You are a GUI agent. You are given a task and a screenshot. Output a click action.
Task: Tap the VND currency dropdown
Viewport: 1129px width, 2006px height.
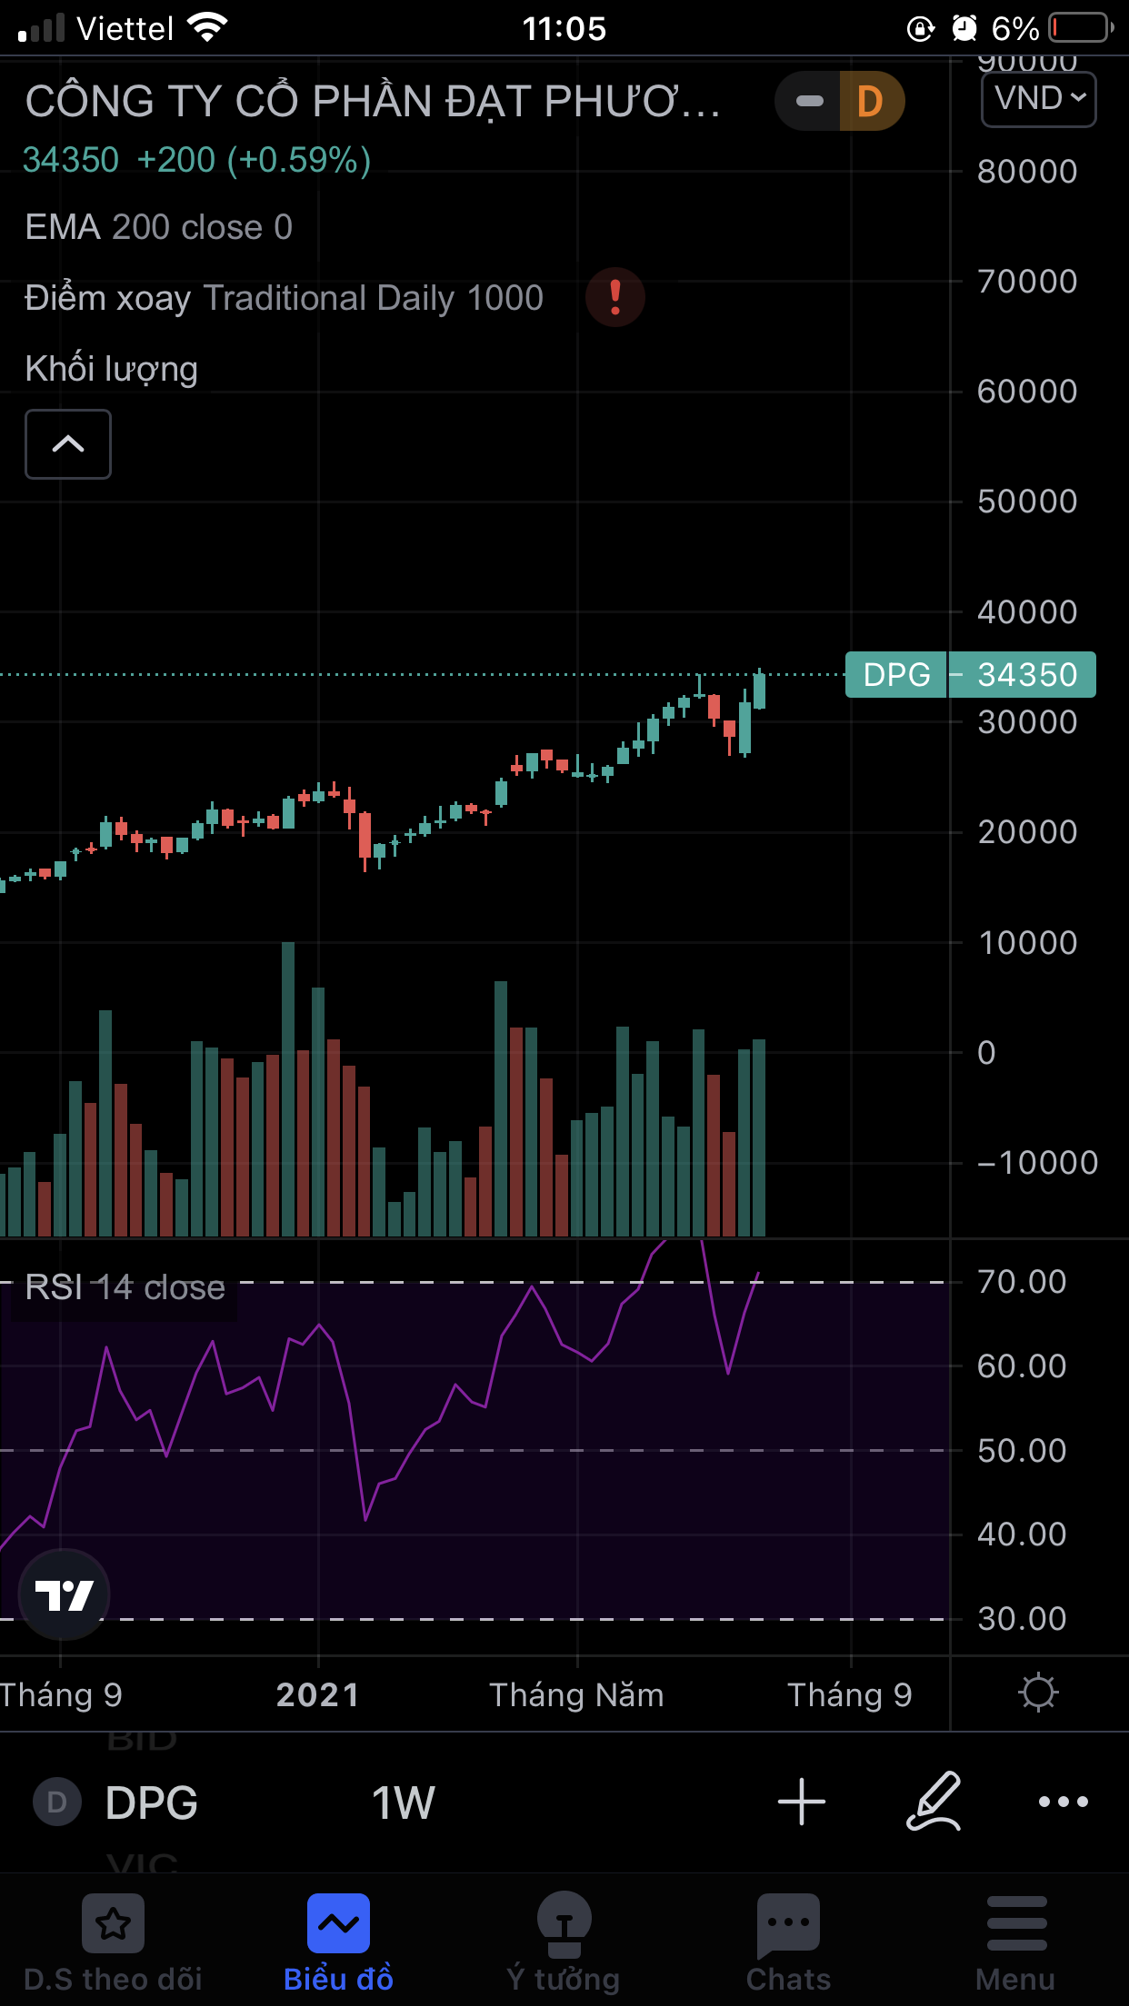[x=1038, y=99]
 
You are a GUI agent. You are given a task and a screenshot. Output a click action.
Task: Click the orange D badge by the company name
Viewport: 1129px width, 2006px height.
[x=870, y=102]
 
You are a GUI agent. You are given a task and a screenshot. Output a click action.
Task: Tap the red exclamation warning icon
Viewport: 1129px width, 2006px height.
[x=615, y=297]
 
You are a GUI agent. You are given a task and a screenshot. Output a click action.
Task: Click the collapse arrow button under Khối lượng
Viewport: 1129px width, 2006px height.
[x=68, y=444]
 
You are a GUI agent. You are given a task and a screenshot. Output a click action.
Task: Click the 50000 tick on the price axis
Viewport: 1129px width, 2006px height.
[x=1026, y=501]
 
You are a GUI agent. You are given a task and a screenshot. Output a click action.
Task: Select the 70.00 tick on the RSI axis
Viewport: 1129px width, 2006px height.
[x=1021, y=1282]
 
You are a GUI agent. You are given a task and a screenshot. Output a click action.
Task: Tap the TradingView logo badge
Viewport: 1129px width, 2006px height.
[x=64, y=1594]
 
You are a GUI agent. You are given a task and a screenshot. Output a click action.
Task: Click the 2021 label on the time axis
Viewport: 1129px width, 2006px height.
[x=318, y=1695]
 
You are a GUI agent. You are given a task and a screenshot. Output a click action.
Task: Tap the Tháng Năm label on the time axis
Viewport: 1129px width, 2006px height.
[x=576, y=1695]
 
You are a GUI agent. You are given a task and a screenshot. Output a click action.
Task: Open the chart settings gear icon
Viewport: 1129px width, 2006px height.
[x=1038, y=1693]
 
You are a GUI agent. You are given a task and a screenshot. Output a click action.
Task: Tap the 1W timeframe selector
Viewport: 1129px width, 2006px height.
[x=403, y=1802]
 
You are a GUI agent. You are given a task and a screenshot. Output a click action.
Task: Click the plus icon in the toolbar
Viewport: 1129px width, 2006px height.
[x=802, y=1802]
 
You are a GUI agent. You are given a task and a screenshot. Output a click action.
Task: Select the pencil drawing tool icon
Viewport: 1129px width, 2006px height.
[x=934, y=1802]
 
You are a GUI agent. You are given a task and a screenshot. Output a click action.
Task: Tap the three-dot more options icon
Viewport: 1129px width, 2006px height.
[x=1063, y=1802]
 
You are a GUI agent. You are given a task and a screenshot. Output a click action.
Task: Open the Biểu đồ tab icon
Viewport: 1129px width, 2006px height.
[x=338, y=1922]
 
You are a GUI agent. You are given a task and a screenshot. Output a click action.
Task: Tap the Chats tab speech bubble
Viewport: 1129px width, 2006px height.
[x=788, y=1924]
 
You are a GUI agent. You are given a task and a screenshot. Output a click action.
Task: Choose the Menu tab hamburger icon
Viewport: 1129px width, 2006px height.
[x=1016, y=1922]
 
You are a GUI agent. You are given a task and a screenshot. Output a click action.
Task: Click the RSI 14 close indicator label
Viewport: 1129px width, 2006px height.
[x=125, y=1287]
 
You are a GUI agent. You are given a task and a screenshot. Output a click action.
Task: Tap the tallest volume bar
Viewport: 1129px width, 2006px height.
[x=288, y=1090]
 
